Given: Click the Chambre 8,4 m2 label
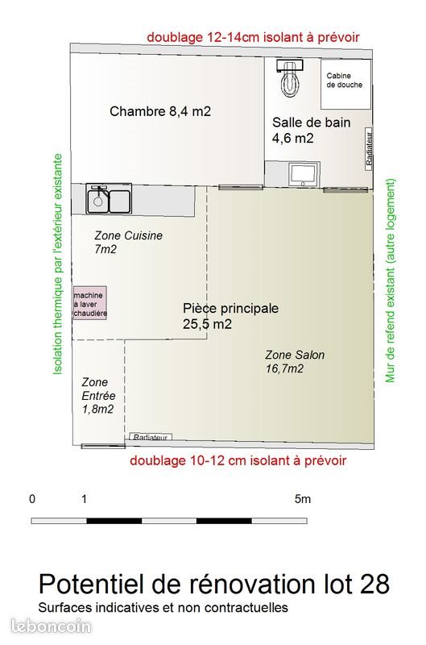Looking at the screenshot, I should (160, 111).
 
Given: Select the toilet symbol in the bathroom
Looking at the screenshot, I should (287, 77).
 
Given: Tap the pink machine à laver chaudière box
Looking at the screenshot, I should (90, 302).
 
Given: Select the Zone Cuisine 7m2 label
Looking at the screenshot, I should (128, 242).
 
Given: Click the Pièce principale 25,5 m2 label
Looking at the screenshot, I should (230, 316).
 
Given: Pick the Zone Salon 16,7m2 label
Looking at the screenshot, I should (295, 361).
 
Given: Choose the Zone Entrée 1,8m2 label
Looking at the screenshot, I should (98, 395).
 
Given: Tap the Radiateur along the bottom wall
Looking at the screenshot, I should (150, 437).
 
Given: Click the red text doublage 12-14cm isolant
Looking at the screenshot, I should (252, 37).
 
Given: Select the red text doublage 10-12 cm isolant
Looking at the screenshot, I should (238, 460).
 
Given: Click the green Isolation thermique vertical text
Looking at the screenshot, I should (57, 265).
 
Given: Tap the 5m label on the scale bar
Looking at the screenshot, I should (302, 499).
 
